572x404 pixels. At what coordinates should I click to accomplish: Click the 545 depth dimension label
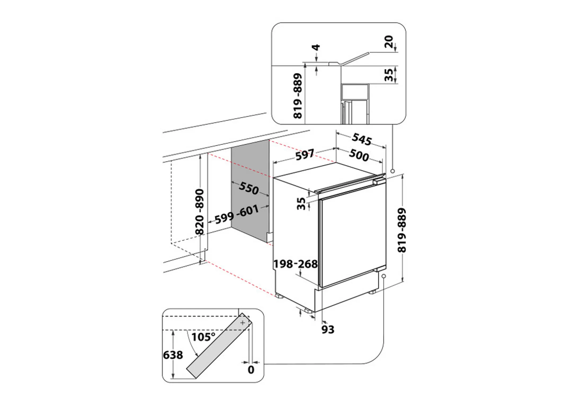tap(362, 139)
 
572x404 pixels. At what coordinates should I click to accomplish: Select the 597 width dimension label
tap(305, 155)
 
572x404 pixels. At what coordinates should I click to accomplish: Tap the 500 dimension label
tap(359, 155)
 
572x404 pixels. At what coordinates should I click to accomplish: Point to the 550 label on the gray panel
tap(249, 188)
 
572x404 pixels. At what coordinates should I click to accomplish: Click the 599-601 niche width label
tap(236, 215)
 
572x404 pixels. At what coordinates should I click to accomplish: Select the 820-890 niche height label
tap(200, 212)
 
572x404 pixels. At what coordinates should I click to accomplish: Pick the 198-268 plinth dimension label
tap(295, 264)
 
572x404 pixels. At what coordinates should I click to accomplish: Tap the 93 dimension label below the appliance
tap(328, 330)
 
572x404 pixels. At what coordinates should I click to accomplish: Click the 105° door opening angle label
tap(203, 337)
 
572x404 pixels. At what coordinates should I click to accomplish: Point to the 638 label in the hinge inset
tap(173, 355)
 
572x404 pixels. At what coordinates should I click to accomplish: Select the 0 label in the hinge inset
tap(251, 370)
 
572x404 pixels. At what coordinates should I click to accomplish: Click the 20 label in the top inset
tap(389, 42)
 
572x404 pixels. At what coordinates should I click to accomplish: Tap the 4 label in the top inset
tap(316, 48)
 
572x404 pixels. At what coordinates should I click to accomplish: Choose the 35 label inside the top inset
tap(389, 75)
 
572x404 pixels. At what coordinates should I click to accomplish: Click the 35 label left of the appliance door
tap(301, 204)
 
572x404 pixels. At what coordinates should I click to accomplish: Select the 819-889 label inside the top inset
tap(298, 96)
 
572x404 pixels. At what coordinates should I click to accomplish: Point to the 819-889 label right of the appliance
tap(402, 230)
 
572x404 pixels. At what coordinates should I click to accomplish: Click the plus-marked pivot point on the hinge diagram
tap(243, 323)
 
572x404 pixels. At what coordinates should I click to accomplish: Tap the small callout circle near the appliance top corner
tap(393, 171)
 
